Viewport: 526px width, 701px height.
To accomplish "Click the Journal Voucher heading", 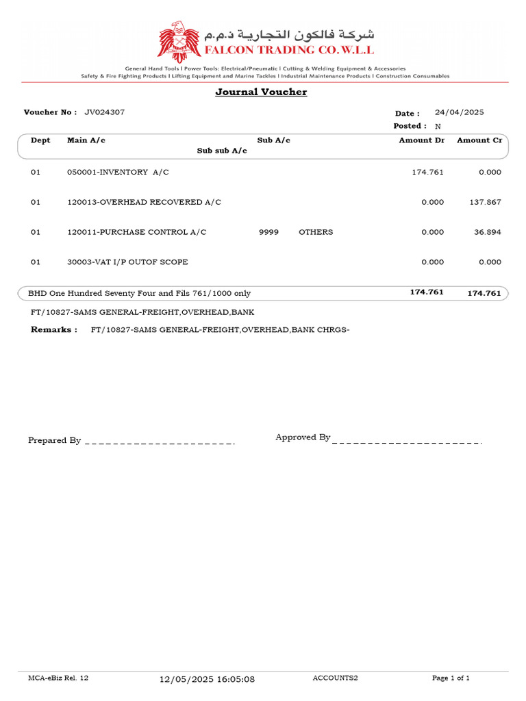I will coord(261,92).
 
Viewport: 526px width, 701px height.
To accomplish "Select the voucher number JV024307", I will coord(104,112).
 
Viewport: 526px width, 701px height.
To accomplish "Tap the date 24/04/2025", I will coord(459,112).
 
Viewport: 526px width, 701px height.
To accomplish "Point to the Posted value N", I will coord(438,127).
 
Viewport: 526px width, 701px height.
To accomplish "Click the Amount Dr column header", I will coord(421,140).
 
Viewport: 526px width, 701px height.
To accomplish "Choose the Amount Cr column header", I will coord(479,140).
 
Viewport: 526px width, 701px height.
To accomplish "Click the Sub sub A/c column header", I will coord(222,151).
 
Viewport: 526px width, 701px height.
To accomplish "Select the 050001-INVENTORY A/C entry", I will coord(118,173).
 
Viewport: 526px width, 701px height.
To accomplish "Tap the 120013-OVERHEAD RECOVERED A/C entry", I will coord(144,203).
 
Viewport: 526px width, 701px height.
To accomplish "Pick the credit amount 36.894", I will coord(488,233).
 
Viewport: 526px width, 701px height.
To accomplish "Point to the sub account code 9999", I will coord(268,233).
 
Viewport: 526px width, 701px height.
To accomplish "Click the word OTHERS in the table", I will coord(316,233).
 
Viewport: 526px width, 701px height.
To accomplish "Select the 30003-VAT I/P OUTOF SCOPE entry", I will coord(127,262).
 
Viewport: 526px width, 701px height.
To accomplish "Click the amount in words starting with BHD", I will coord(139,293).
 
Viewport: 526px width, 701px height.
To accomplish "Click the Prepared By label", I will coord(55,441).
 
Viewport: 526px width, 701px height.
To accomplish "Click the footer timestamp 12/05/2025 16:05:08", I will coord(207,679).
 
